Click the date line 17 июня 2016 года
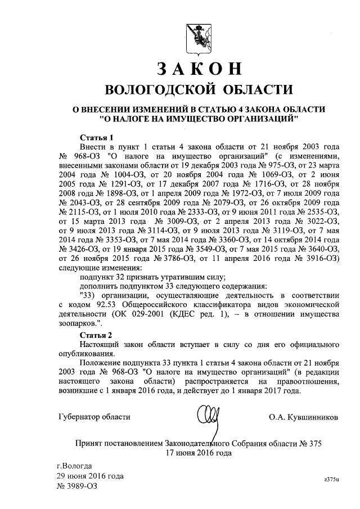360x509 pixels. [198, 452]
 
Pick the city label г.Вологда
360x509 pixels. [78, 466]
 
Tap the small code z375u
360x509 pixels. [332, 478]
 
